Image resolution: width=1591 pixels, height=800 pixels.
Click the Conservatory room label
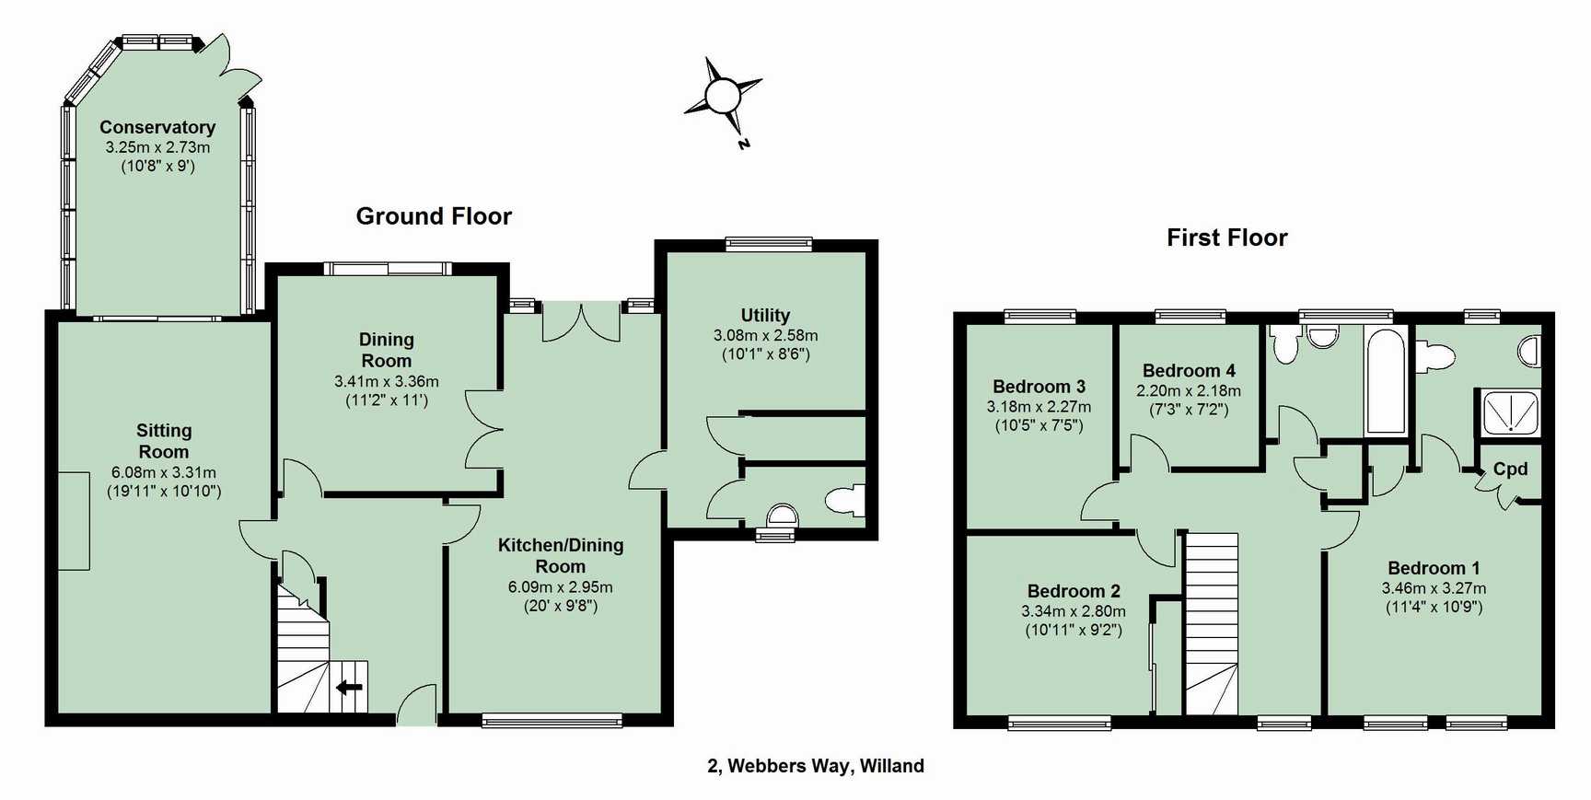click(x=157, y=127)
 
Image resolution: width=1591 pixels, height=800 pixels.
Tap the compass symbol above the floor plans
click(x=724, y=96)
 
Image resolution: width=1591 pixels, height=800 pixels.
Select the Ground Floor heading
click(x=434, y=216)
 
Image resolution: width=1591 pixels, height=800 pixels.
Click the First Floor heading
click(x=1226, y=238)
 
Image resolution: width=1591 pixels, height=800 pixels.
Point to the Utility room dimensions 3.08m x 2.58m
click(x=765, y=335)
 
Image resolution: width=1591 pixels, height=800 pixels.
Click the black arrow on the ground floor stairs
click(x=350, y=687)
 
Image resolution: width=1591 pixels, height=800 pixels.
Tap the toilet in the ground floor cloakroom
click(x=845, y=500)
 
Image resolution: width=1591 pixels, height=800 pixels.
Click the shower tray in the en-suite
click(x=1510, y=412)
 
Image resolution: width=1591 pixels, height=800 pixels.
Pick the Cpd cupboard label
click(x=1510, y=469)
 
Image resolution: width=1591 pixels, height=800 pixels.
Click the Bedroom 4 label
click(x=1189, y=371)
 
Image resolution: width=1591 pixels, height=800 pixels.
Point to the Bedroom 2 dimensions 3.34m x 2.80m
click(x=1073, y=611)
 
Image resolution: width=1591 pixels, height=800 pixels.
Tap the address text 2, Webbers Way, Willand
click(x=816, y=766)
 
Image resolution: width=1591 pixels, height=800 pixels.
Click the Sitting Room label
click(x=164, y=441)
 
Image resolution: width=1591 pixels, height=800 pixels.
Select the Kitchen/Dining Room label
click(x=560, y=556)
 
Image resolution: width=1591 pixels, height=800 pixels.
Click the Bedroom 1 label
click(x=1434, y=568)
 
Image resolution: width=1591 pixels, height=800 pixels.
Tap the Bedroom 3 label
click(x=1039, y=387)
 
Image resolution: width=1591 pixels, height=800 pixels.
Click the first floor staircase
click(x=1211, y=623)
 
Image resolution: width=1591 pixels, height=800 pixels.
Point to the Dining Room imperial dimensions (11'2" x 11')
click(x=387, y=400)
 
